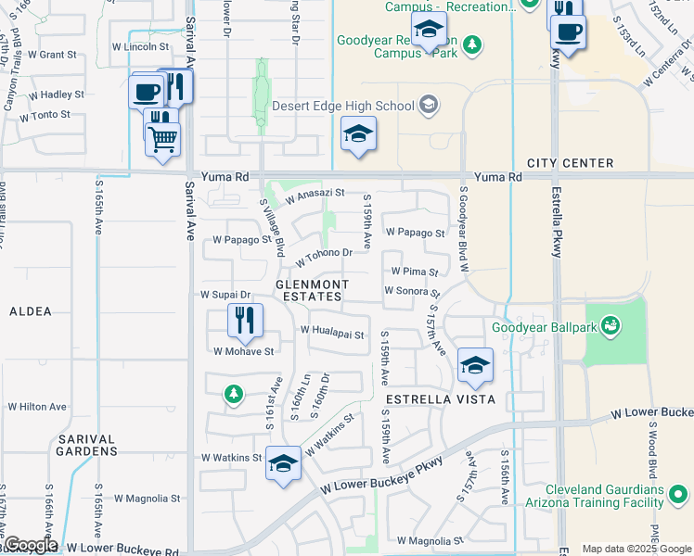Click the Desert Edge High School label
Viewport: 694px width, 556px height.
click(x=342, y=106)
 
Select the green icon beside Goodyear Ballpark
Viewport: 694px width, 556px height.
click(x=610, y=324)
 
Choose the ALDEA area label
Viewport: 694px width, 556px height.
click(x=30, y=312)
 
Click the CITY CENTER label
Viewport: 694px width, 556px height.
click(x=570, y=163)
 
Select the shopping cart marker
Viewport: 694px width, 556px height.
click(x=163, y=140)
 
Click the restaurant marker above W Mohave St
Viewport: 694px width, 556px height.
click(x=245, y=321)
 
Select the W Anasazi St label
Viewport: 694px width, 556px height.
click(x=315, y=195)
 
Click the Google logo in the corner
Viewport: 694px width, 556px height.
click(x=30, y=545)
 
